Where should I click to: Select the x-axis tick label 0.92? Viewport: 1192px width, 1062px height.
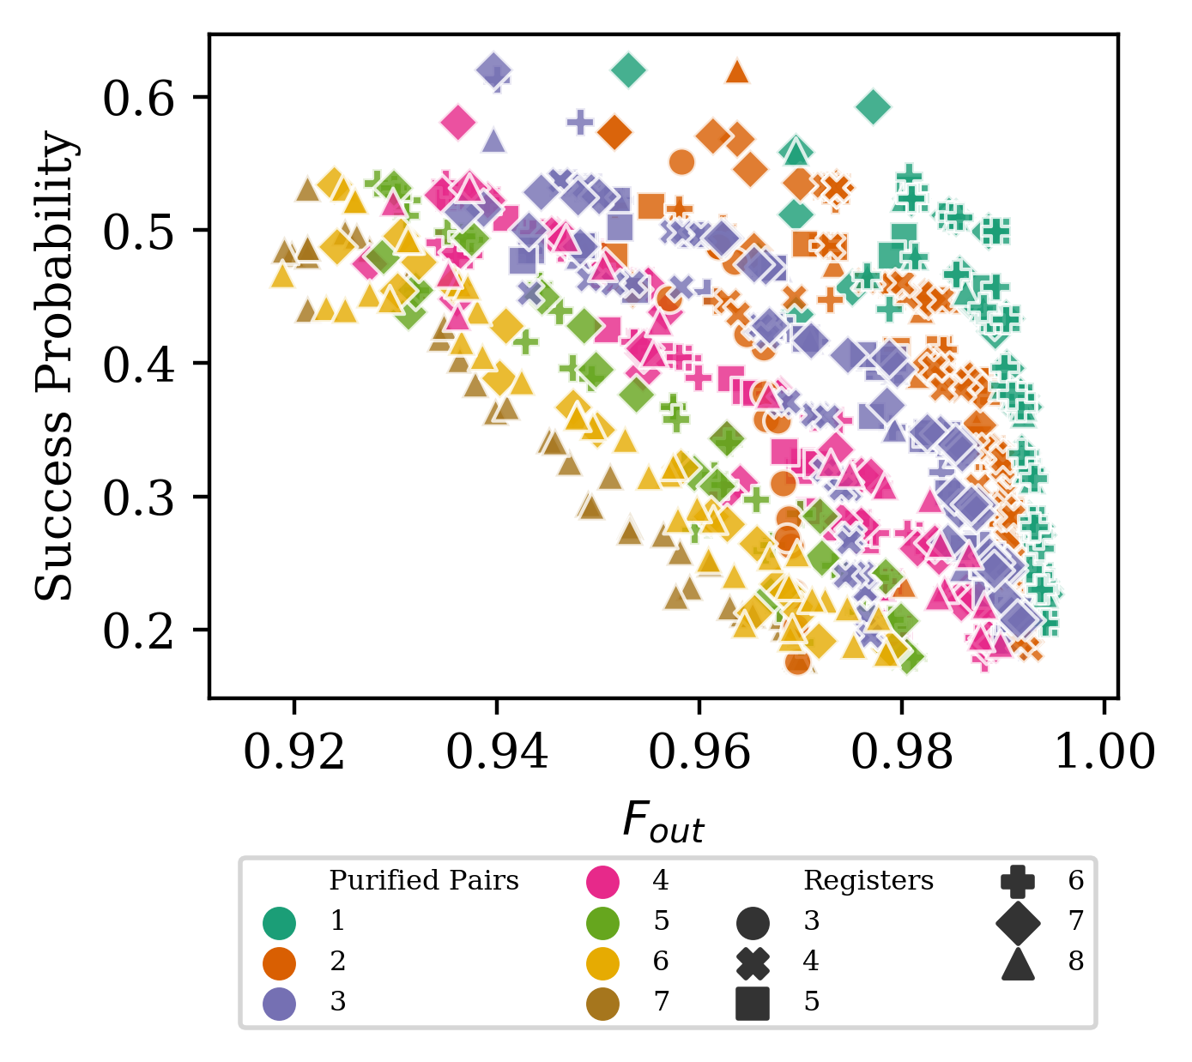point(294,752)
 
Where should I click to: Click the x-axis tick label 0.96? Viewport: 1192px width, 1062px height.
point(699,752)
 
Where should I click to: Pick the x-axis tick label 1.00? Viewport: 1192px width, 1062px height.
point(1104,752)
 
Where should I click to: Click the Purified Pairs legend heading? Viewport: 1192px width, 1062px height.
point(424,881)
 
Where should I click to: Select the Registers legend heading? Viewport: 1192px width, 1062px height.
point(868,881)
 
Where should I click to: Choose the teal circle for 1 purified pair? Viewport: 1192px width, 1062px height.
point(280,922)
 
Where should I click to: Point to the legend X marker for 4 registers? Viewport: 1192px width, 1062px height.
point(753,962)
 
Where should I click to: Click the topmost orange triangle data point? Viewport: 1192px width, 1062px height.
point(737,71)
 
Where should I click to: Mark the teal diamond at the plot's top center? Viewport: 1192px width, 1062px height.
point(629,69)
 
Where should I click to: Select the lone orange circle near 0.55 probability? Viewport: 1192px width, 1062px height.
point(681,161)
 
